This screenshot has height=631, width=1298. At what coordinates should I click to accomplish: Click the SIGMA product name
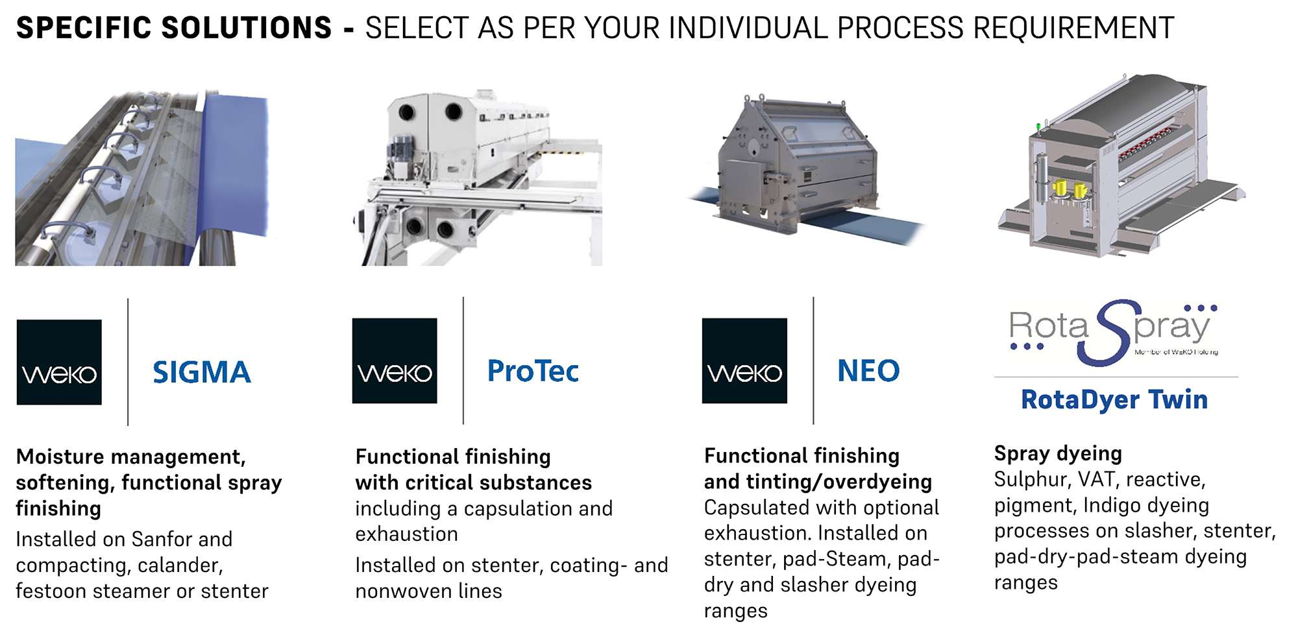(x=202, y=372)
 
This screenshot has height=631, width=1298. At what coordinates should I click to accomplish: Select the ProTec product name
(x=533, y=371)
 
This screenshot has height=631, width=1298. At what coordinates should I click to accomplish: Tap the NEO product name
(x=868, y=371)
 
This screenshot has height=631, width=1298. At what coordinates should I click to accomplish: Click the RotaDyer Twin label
(x=1114, y=399)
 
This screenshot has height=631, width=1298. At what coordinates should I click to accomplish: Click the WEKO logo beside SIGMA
(x=59, y=362)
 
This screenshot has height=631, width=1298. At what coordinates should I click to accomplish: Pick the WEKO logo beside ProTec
(x=395, y=361)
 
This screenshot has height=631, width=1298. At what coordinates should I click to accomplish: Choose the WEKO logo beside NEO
(x=744, y=361)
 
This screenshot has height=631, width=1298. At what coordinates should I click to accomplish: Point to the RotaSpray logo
(x=1114, y=332)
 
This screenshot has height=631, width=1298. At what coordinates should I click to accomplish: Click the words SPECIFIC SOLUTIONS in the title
(x=174, y=28)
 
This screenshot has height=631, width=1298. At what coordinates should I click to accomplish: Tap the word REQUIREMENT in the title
(x=1074, y=28)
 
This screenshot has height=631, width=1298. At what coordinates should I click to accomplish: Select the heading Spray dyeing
(x=1058, y=453)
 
